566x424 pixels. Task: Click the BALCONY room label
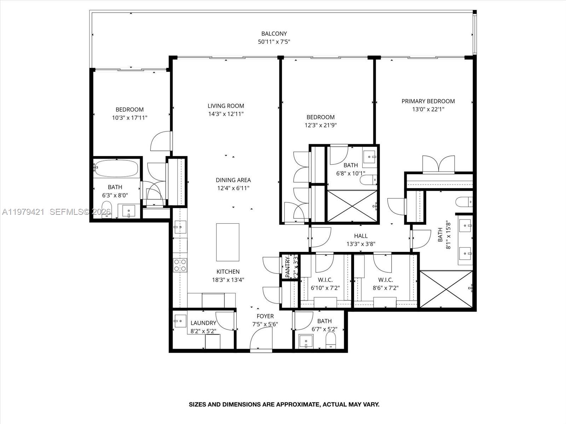pyautogui.click(x=274, y=34)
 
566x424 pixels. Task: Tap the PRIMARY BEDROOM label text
pyautogui.click(x=428, y=101)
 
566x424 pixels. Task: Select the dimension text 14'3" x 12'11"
pyautogui.click(x=226, y=114)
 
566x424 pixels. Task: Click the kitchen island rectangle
pyautogui.click(x=227, y=242)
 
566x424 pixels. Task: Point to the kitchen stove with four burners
pyautogui.click(x=180, y=265)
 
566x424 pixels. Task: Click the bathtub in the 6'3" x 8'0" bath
pyautogui.click(x=116, y=169)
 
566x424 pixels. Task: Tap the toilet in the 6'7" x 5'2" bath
pyautogui.click(x=330, y=341)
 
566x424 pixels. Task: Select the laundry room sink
pyautogui.click(x=180, y=321)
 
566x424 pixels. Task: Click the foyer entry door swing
pyautogui.click(x=261, y=338)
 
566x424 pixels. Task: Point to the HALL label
pyautogui.click(x=360, y=236)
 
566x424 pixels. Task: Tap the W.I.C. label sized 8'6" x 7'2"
pyautogui.click(x=385, y=280)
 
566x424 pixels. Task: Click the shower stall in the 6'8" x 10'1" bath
pyautogui.click(x=352, y=206)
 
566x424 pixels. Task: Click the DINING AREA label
pyautogui.click(x=233, y=180)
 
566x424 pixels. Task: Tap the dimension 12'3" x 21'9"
pyautogui.click(x=320, y=125)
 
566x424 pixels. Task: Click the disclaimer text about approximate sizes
pyautogui.click(x=284, y=405)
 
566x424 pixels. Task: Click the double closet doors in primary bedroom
pyautogui.click(x=439, y=164)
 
